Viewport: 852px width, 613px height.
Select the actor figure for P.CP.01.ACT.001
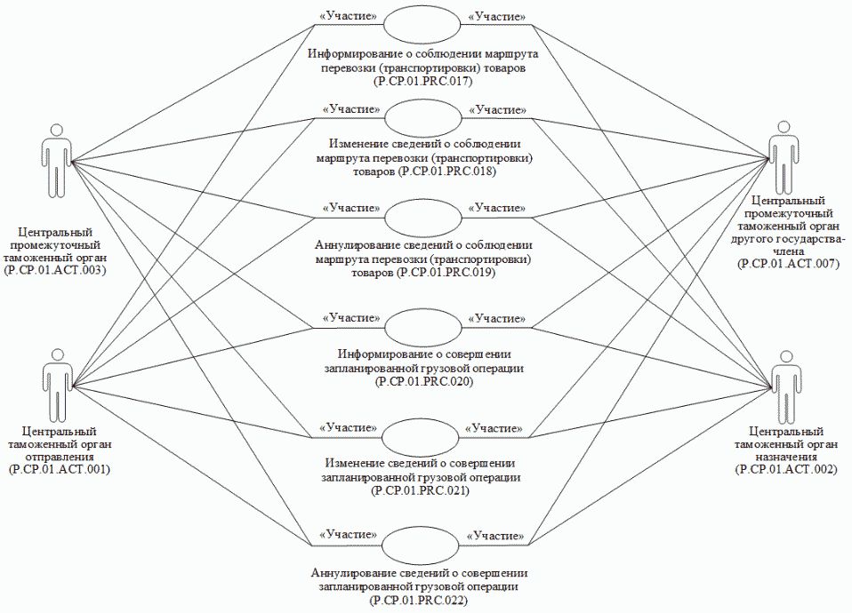tap(56, 386)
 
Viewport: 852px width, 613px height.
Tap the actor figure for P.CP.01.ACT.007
tap(784, 159)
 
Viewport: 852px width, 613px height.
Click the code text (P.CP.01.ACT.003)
tap(55, 269)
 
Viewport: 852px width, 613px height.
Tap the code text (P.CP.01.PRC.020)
tap(422, 381)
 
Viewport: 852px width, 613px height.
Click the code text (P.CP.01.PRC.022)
tap(422, 601)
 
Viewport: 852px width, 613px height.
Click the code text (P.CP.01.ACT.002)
tap(786, 468)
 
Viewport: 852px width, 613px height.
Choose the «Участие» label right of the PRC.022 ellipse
tap(495, 536)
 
